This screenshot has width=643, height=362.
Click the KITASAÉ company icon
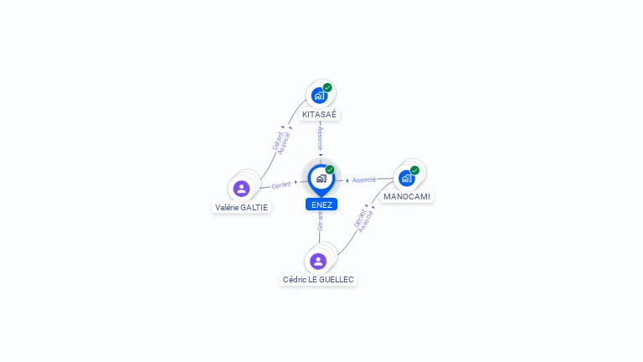[x=319, y=96]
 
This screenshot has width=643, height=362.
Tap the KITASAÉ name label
[x=320, y=114]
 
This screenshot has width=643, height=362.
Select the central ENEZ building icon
[x=321, y=178]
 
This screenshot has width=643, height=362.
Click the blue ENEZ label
[x=321, y=204]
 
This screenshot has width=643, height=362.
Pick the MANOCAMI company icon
[x=406, y=178]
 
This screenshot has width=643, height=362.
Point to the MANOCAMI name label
[x=407, y=196]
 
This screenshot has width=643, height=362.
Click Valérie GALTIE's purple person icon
[x=242, y=189]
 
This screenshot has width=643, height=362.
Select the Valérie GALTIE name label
[x=242, y=207]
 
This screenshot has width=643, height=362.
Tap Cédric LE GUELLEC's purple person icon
[x=318, y=261]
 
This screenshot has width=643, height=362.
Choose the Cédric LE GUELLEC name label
[x=318, y=279]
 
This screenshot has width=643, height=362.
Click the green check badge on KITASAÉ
[x=327, y=87]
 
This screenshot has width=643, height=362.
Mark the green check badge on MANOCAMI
[x=414, y=170]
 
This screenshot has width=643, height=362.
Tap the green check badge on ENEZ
[x=330, y=170]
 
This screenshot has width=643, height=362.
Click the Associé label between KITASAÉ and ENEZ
[x=320, y=138]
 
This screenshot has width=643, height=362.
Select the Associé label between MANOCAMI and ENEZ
[x=364, y=180]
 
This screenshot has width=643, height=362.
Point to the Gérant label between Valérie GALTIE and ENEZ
[x=281, y=184]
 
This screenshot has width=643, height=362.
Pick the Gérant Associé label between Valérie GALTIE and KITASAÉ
[x=281, y=140]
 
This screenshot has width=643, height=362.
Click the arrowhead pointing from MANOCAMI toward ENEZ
[x=347, y=180]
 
